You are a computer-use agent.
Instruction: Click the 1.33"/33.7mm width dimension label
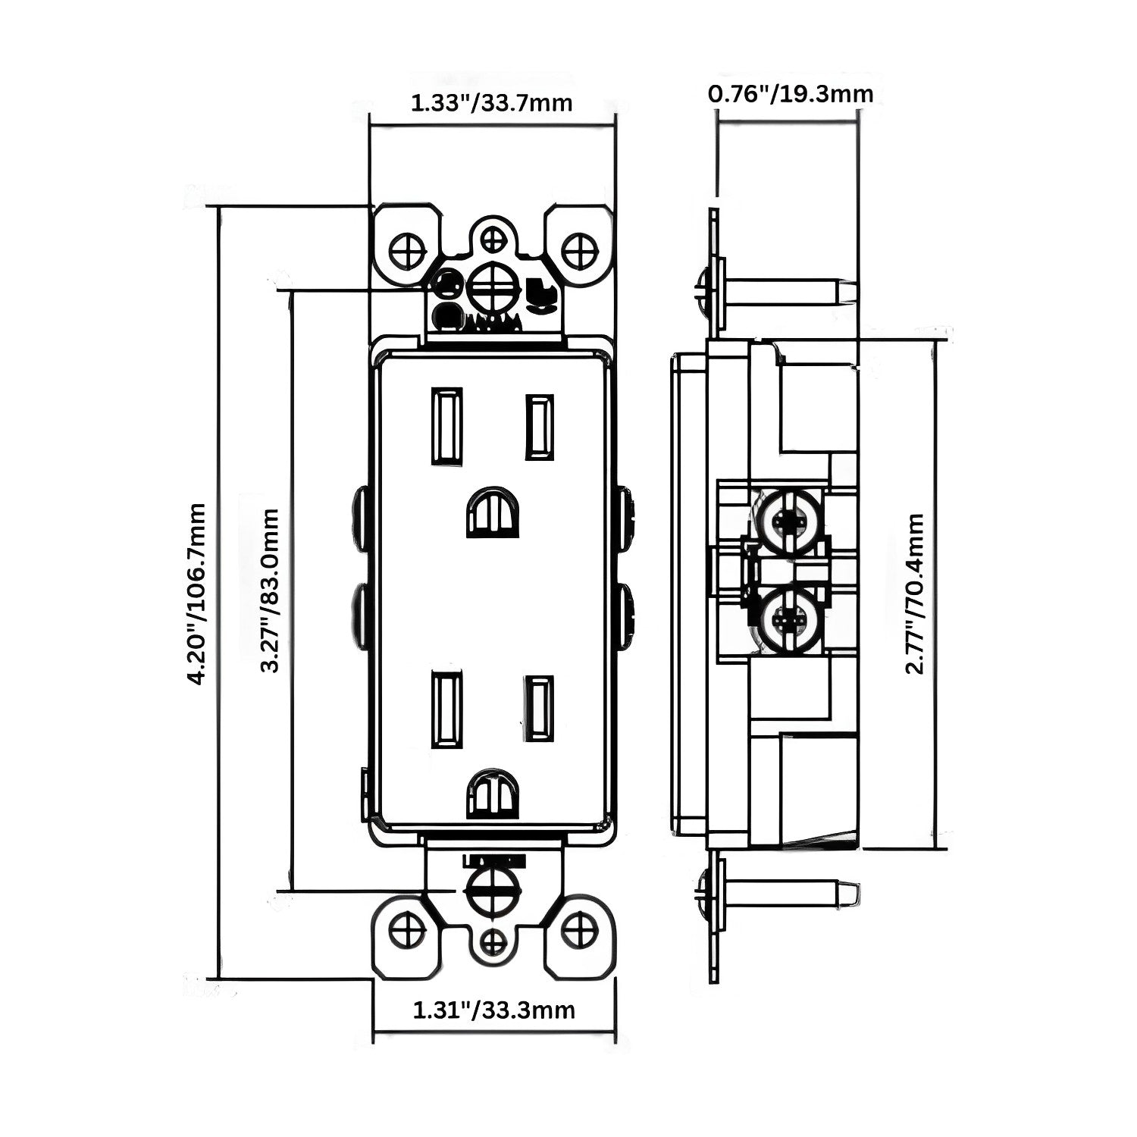tap(491, 102)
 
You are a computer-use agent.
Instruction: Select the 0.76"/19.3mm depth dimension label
tap(791, 94)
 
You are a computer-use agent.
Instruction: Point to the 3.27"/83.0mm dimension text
tap(270, 590)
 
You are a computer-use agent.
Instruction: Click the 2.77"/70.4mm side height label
tap(916, 594)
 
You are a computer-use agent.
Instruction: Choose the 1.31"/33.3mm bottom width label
tap(493, 1010)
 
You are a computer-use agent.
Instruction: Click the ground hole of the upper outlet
tap(493, 512)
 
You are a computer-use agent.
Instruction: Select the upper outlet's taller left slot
tap(446, 425)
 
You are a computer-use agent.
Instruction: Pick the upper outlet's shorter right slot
tap(539, 427)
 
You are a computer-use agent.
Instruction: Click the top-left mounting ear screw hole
tap(407, 247)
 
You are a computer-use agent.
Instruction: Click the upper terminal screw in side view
tap(788, 522)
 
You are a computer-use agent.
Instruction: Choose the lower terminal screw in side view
tap(788, 619)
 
